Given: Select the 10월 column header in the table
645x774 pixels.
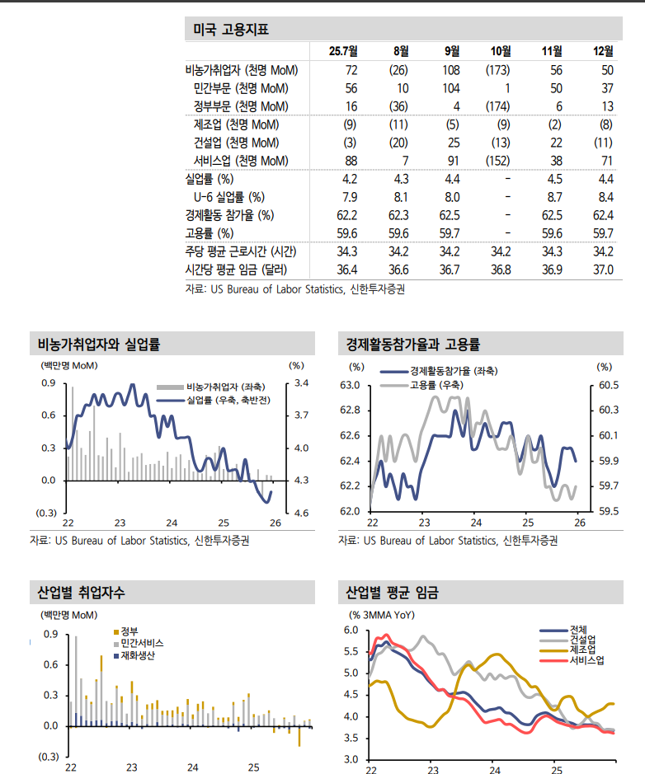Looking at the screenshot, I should (500, 51).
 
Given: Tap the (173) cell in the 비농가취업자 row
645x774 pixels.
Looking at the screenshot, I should (497, 70).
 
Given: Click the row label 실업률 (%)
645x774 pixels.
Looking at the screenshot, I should (210, 179).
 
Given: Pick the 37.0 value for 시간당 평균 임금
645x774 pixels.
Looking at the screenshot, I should (604, 270).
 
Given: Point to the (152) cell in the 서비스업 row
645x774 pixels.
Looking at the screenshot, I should (497, 161).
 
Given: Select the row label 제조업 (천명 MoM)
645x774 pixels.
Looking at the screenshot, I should (236, 124).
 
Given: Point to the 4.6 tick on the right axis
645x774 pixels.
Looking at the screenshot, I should (301, 513).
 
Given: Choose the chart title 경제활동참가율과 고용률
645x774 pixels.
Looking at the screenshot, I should (413, 344).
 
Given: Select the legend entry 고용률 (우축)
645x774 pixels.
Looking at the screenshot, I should (436, 384).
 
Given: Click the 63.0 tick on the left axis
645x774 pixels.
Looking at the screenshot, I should (351, 385).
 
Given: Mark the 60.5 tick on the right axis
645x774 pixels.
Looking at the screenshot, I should (610, 385).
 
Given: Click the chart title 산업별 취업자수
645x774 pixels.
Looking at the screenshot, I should (82, 592).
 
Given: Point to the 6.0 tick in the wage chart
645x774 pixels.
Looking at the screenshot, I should (351, 631).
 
